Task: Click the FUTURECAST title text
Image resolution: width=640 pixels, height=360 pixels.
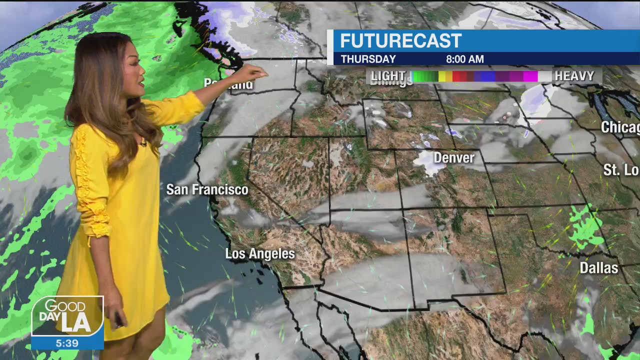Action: (x=400, y=41)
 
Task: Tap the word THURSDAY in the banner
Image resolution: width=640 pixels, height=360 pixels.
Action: (x=368, y=59)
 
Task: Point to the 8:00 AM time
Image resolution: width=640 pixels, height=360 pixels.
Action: (x=464, y=59)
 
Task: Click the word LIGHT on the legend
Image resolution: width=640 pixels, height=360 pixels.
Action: (x=388, y=76)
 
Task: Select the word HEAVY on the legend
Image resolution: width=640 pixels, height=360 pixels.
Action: (x=574, y=76)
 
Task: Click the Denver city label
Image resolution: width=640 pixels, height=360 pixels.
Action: (x=453, y=158)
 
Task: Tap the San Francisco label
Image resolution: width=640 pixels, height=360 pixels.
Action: (x=207, y=189)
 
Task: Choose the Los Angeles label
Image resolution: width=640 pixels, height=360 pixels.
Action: (x=260, y=253)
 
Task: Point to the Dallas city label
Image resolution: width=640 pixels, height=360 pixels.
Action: (x=598, y=268)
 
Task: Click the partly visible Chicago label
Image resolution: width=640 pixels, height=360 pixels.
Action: (x=620, y=127)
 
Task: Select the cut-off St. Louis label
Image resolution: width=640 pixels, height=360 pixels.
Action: (x=621, y=170)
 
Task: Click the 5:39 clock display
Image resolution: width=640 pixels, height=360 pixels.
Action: (x=67, y=343)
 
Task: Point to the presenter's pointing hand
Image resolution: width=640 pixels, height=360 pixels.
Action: (x=255, y=73)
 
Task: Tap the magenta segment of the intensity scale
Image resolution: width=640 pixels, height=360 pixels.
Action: (x=530, y=76)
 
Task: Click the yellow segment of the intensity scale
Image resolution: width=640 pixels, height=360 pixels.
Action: (x=442, y=76)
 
